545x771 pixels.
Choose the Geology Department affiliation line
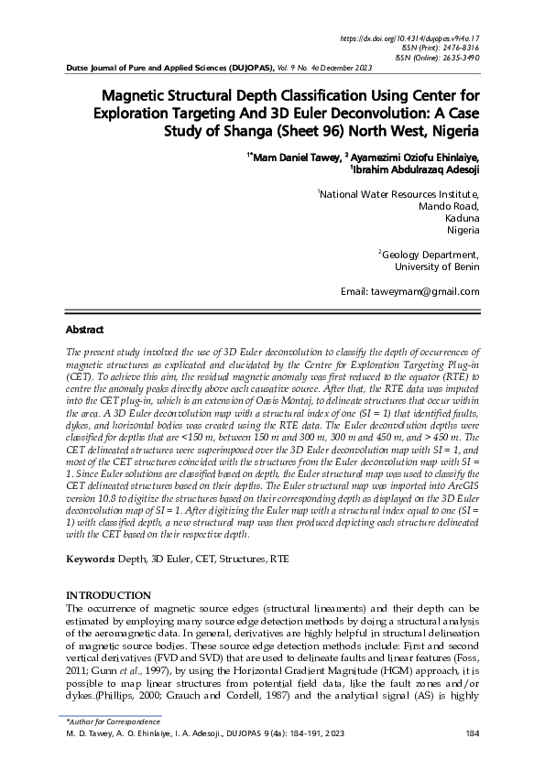429,255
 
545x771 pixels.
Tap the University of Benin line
436,267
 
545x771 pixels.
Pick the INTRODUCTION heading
108,595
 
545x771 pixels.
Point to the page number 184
473,733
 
